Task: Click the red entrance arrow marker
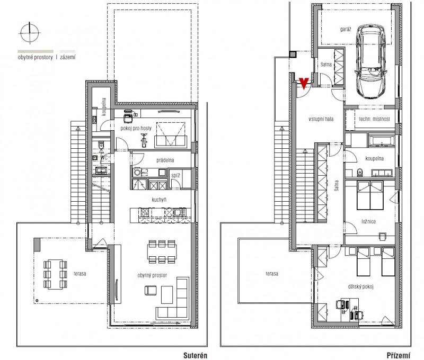pos(304,83)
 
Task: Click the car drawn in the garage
pos(370,61)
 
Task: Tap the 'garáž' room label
pos(346,29)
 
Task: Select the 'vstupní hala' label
pos(321,119)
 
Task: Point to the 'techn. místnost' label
pos(374,119)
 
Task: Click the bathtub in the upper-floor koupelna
pos(381,141)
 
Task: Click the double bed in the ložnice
pos(370,195)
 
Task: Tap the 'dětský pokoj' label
pos(360,286)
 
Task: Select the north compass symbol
pos(30,33)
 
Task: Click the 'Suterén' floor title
pos(195,355)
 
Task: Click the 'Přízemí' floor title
pos(399,355)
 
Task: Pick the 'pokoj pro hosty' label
pos(136,128)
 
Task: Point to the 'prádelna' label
pos(165,160)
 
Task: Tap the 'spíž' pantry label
pos(175,176)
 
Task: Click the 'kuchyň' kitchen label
pos(159,200)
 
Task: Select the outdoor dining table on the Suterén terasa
pos(55,274)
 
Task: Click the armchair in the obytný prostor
pos(151,290)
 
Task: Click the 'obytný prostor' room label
pos(152,275)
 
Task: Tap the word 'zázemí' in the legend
pos(68,57)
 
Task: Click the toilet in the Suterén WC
pos(101,145)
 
